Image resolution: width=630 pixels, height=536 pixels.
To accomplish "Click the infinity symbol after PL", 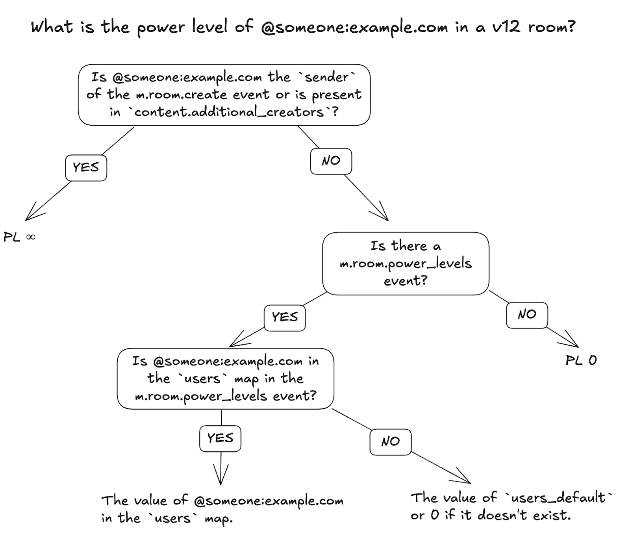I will (x=30, y=237).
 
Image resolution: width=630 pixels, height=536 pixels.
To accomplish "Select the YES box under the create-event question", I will (x=86, y=167).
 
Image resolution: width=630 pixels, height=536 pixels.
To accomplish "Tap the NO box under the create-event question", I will (x=331, y=161).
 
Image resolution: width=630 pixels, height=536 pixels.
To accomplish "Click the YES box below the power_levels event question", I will (x=285, y=317).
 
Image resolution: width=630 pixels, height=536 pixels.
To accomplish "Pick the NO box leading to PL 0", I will (x=527, y=315).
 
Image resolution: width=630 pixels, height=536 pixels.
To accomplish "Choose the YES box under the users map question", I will (x=220, y=438).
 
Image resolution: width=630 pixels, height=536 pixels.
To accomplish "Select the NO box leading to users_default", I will (x=390, y=441).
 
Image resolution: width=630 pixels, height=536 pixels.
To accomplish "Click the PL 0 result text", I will (x=581, y=360).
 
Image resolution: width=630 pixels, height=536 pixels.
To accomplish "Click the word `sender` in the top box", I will (x=327, y=77).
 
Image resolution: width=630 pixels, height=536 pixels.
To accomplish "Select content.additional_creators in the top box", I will (x=230, y=112).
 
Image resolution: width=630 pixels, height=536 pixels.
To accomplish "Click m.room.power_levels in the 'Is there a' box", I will (x=406, y=263).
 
